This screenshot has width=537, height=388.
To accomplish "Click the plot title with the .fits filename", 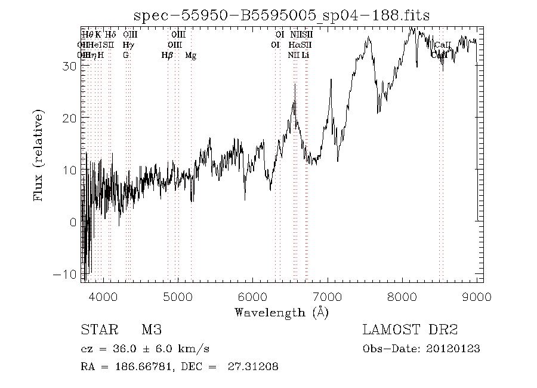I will pos(281,16).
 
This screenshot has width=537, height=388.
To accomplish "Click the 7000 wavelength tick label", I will pos(327,297).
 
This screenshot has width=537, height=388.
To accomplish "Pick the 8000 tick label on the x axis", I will pos(402,297).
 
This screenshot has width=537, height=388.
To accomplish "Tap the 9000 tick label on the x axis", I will pos(476,297).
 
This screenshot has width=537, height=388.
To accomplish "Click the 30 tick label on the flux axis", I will pos(69,66).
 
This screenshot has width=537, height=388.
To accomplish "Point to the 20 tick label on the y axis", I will pos(69,118).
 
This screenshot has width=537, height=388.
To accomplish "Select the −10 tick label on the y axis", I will pos(66,274).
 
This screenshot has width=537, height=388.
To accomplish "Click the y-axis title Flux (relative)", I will pos(39,155).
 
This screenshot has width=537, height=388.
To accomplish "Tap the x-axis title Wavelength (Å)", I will pos(281,312).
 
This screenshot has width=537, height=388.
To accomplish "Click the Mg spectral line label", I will pos(191,56).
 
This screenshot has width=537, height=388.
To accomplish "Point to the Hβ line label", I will pos(167,56).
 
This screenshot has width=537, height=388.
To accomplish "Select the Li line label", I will pos(305,56).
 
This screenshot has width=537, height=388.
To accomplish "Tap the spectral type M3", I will pos(152,330).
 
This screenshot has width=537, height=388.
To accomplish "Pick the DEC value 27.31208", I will pos(253,367).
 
